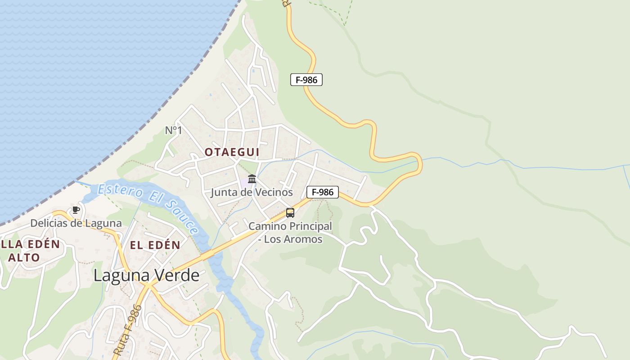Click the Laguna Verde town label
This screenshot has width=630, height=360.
pos(146,275)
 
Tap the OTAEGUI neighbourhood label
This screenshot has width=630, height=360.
pos(232,152)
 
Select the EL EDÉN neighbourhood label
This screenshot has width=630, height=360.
pos(155,245)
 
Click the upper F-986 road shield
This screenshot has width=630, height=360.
pos(306,80)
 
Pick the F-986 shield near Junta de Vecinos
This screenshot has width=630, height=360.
pos(323,192)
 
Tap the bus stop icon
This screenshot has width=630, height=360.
pos(290,212)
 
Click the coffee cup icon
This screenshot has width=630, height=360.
pos(76,210)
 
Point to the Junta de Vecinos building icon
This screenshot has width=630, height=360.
pos(252,179)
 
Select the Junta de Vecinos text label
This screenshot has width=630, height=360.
pos(252,193)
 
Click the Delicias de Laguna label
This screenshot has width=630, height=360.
pos(76,223)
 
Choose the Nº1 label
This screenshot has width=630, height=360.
pos(173,130)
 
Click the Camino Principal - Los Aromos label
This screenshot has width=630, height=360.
pos(290,232)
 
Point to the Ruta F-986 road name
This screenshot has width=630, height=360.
pos(128,331)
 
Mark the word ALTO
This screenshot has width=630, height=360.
pos(24,258)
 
